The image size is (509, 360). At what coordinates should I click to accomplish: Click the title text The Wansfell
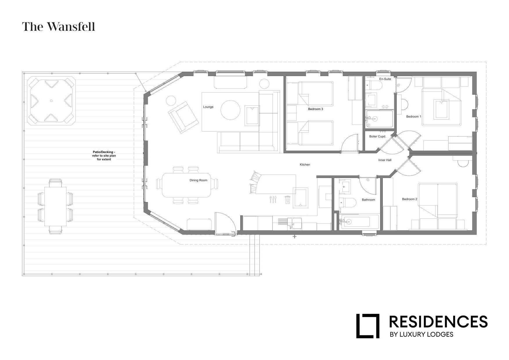[59, 27]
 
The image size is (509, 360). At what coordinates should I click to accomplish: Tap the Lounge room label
[208, 107]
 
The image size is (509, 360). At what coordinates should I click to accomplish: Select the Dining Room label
[198, 180]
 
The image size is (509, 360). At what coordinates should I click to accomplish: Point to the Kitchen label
[305, 165]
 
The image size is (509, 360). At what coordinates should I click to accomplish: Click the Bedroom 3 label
[315, 109]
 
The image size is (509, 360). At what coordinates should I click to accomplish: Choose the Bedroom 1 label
[414, 116]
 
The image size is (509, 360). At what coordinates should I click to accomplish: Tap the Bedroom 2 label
[409, 199]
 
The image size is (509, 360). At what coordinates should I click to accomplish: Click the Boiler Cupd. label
[377, 136]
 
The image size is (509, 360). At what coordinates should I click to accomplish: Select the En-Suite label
[385, 79]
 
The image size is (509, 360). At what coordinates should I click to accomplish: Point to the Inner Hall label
[385, 160]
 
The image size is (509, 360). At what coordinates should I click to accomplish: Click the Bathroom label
[368, 200]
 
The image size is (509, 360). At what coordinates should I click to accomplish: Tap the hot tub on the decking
[51, 101]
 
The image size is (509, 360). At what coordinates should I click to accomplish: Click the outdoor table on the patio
[55, 206]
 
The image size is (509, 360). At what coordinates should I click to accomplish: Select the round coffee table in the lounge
[230, 110]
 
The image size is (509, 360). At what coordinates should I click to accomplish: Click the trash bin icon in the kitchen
[287, 200]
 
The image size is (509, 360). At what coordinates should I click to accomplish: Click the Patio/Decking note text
[104, 156]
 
